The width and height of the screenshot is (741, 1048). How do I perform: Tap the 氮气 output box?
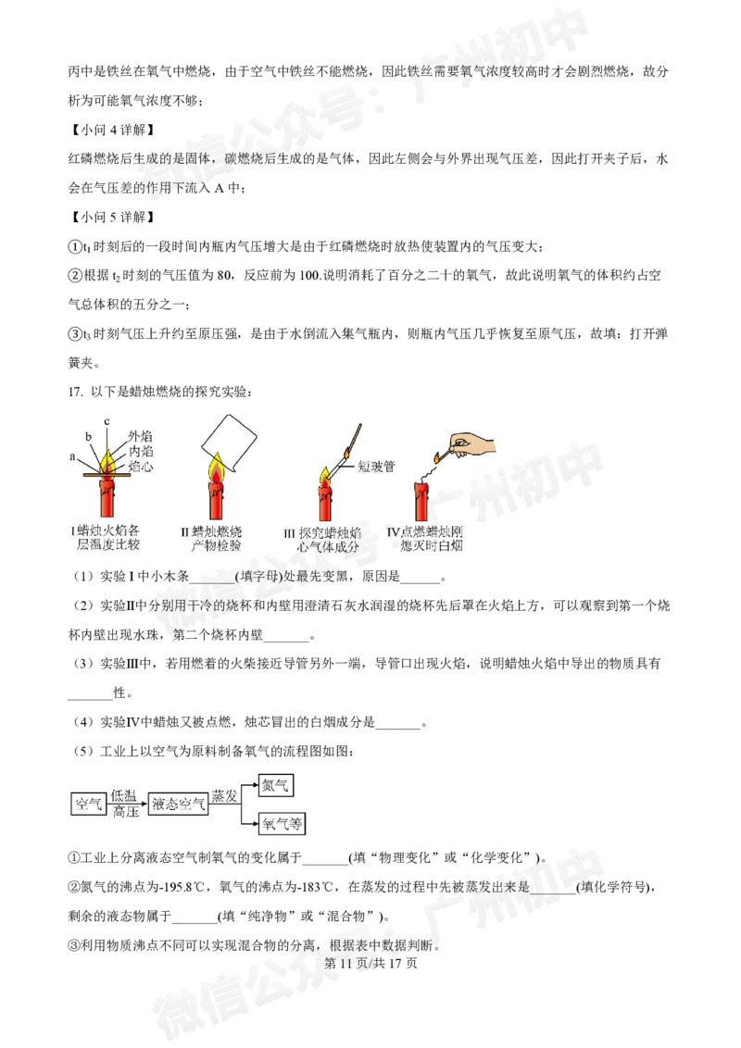click(x=276, y=785)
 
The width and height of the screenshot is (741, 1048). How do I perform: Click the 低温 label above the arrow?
click(x=124, y=795)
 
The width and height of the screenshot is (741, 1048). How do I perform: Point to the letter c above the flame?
click(x=107, y=422)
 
